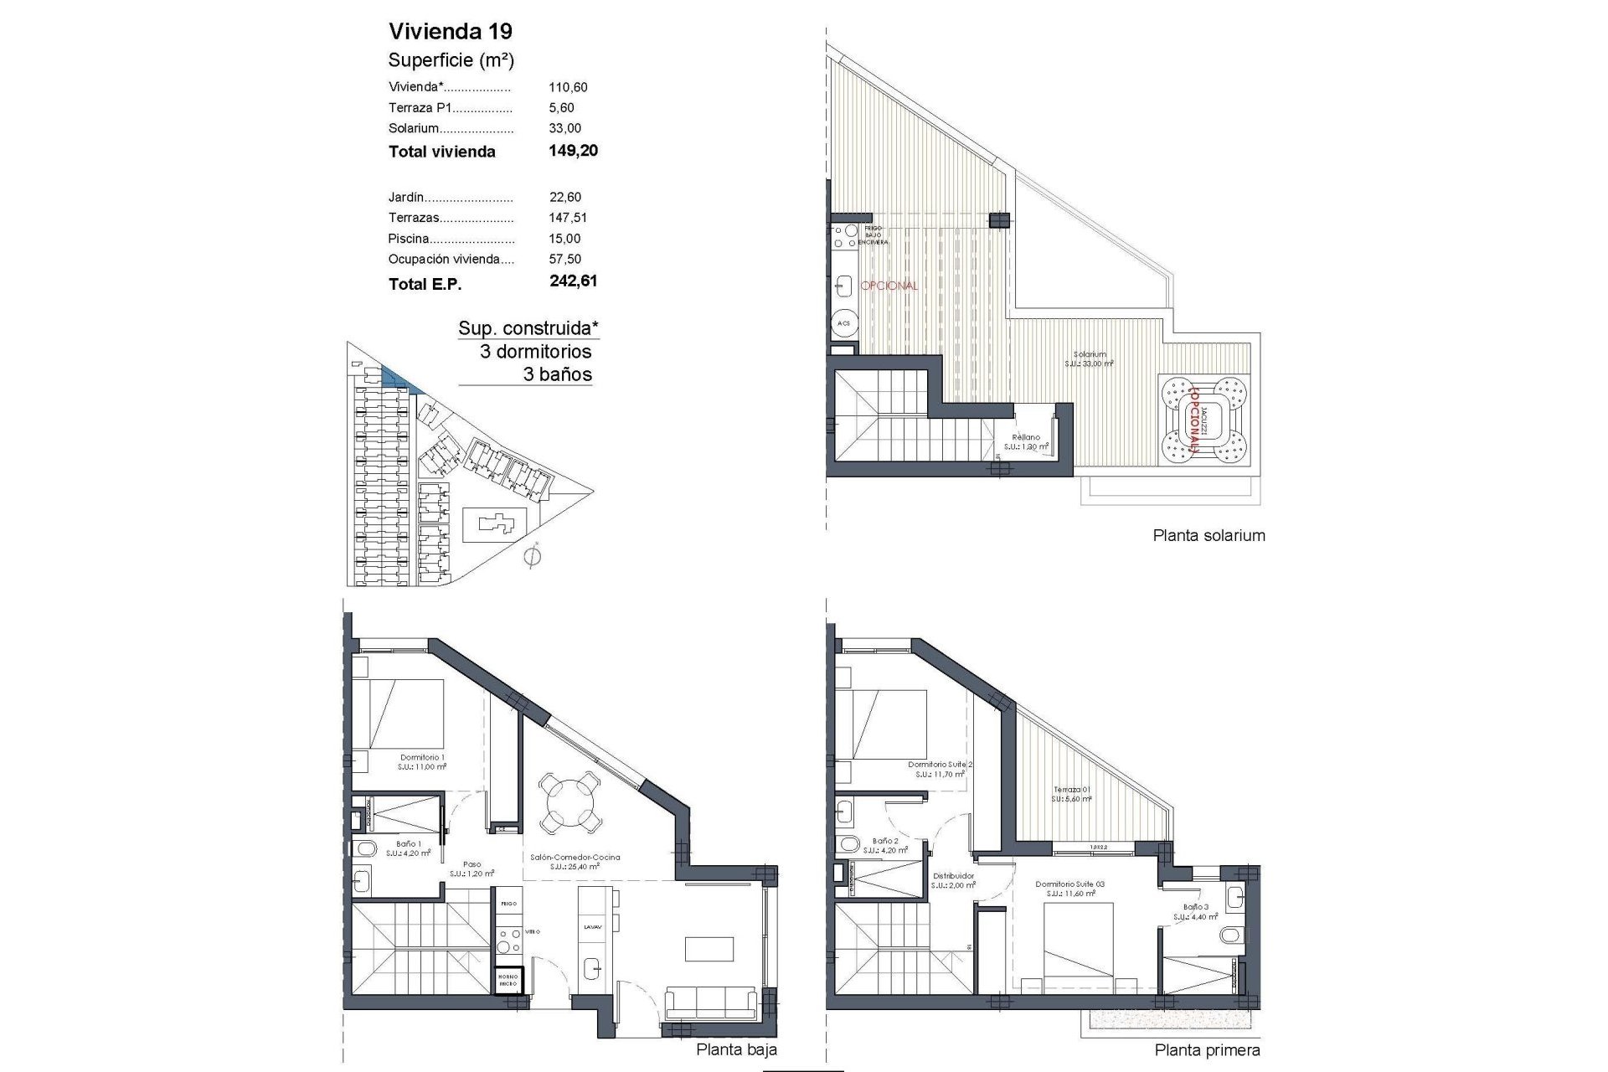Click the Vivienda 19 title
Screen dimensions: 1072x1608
(x=451, y=32)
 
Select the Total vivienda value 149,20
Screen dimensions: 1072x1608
(x=573, y=151)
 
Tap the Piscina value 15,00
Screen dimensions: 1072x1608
(x=564, y=239)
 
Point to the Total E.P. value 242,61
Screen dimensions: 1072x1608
(x=573, y=281)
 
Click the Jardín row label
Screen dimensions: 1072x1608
(x=406, y=198)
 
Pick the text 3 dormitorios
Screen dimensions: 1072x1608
(x=535, y=352)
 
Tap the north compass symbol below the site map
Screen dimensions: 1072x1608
(x=530, y=557)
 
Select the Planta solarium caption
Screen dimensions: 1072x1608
(x=1209, y=536)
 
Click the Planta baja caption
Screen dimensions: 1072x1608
(x=736, y=1049)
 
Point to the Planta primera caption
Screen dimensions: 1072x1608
(x=1207, y=1050)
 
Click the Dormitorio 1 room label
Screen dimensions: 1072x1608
(x=422, y=758)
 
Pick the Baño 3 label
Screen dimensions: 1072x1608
(x=1196, y=907)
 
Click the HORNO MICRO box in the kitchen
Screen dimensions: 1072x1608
(x=508, y=981)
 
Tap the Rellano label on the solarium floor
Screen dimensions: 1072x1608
(x=1026, y=437)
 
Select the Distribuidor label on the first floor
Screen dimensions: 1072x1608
(x=954, y=876)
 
